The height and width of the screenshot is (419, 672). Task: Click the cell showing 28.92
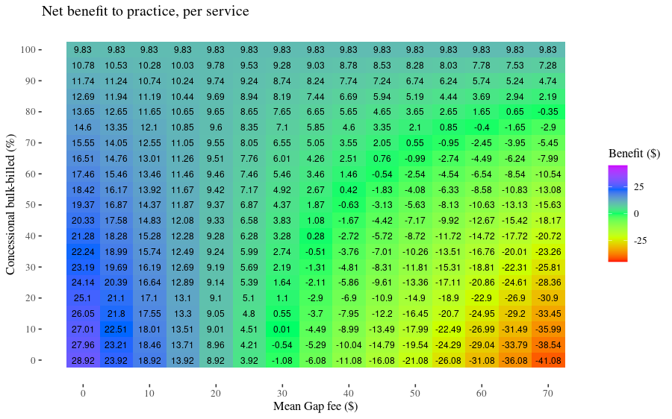coord(83,360)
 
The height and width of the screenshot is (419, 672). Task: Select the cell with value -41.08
coord(548,360)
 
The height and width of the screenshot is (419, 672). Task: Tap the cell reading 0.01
coord(282,329)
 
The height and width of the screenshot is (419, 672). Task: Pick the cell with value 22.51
coord(116,329)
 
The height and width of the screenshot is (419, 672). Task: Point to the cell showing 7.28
coord(548,66)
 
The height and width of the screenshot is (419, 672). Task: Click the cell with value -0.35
coord(548,112)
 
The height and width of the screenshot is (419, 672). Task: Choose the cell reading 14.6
coord(83,127)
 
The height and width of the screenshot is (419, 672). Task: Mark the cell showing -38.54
coord(548,344)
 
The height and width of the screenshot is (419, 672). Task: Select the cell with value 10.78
coord(83,66)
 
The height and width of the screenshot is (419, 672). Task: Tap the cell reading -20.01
coord(514,251)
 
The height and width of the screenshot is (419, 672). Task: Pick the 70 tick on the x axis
coord(548,393)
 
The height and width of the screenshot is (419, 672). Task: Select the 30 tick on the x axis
coord(282,393)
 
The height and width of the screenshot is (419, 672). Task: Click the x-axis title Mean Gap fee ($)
coord(315,406)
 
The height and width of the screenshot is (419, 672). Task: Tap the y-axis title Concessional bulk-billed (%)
coord(10,205)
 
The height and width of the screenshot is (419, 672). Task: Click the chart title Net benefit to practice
coord(145,11)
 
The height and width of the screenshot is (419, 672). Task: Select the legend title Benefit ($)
coord(634,153)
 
